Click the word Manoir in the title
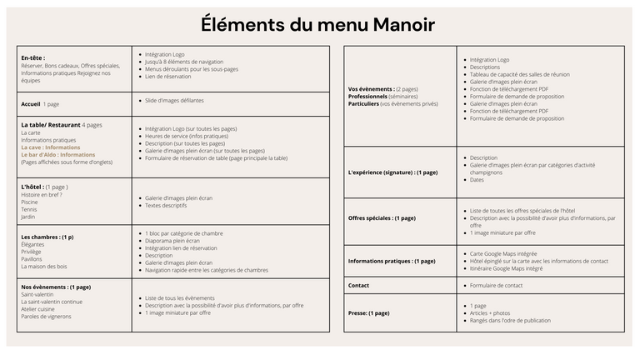click(x=393, y=24)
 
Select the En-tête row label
click(x=32, y=57)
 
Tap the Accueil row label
click(x=31, y=104)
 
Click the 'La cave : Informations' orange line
click(x=50, y=147)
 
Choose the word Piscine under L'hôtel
click(x=29, y=202)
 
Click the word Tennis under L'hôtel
click(x=28, y=209)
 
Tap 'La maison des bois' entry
click(x=43, y=267)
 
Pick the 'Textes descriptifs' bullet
click(x=166, y=205)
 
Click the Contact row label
click(x=359, y=285)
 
